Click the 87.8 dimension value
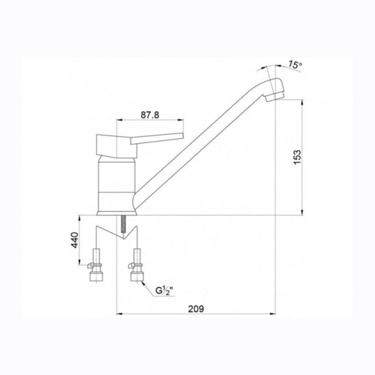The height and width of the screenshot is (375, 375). point(150,115)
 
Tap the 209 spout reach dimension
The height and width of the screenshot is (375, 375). point(196,309)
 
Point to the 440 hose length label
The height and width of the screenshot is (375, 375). point(75,240)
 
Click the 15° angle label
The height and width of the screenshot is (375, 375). point(294,65)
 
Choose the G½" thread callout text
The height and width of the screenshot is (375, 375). point(164,291)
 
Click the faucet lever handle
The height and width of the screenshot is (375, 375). point(157,139)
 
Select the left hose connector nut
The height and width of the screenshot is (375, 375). point(96,277)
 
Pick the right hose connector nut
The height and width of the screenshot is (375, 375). point(137,277)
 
